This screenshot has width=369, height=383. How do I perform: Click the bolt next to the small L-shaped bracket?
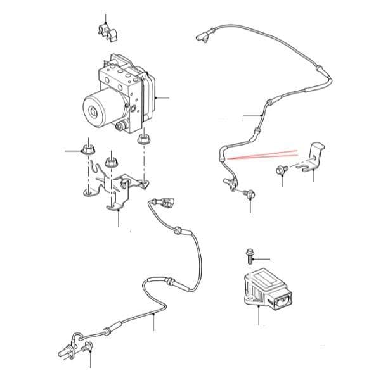coord(282,170)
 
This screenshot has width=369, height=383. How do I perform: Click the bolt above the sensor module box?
coord(249,258)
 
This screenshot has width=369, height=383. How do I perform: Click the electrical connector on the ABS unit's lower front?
coord(119,125)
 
